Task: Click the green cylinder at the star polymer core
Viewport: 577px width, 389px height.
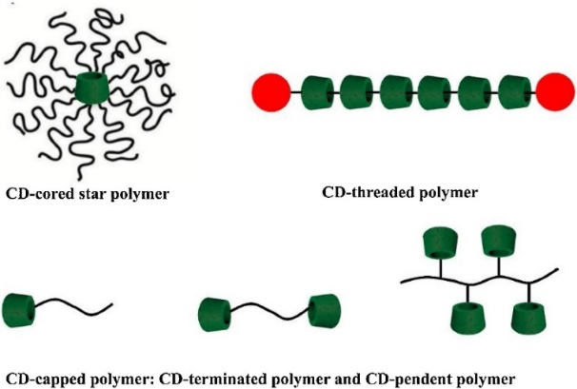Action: coord(94,90)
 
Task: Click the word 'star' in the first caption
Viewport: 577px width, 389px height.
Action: coord(95,196)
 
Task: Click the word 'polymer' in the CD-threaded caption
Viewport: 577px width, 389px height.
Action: coord(450,194)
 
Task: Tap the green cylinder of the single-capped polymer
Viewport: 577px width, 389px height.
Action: coord(18,309)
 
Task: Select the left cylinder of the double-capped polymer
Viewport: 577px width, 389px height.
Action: coord(215,311)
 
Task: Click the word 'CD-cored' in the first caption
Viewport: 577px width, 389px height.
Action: coord(41,196)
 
